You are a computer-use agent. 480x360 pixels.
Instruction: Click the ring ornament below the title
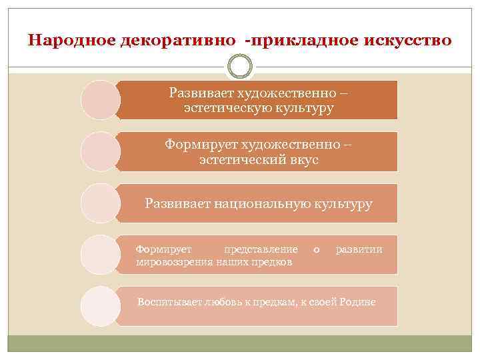pyautogui.click(x=240, y=68)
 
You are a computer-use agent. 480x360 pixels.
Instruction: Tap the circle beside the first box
pyautogui.click(x=100, y=100)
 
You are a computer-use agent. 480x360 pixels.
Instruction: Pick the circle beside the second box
pyautogui.click(x=100, y=151)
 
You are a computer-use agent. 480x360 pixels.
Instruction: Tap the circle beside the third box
pyautogui.click(x=100, y=203)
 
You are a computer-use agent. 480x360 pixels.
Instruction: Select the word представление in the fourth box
pyautogui.click(x=261, y=249)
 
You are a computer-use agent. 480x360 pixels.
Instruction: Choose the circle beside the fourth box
pyautogui.click(x=100, y=255)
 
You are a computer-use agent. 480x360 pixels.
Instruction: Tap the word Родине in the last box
pyautogui.click(x=357, y=302)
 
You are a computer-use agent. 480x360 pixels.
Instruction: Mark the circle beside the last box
pyautogui.click(x=100, y=306)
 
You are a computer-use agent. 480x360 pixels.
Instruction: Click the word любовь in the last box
pyautogui.click(x=222, y=302)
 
